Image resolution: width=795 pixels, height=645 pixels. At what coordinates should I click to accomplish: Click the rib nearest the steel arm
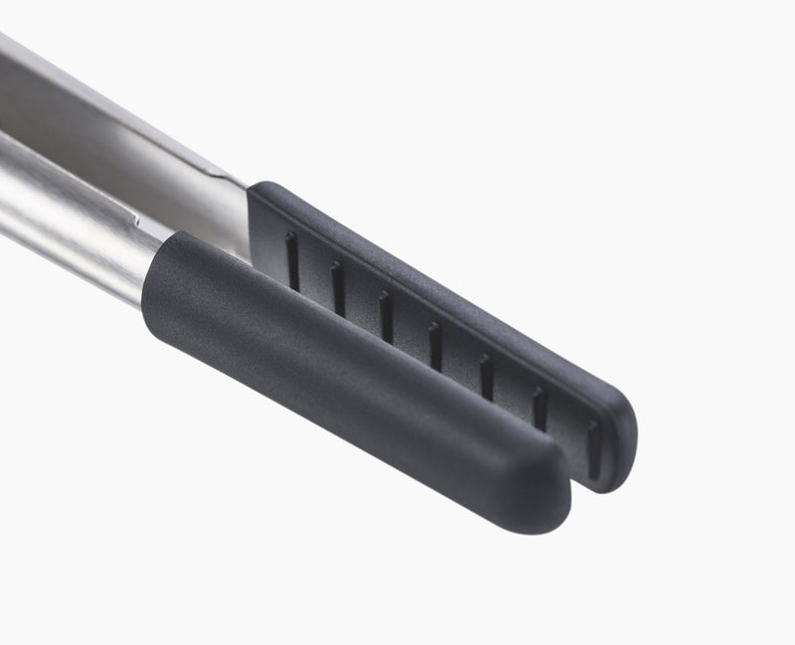tap(292, 261)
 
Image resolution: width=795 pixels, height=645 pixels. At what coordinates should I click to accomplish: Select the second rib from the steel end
tap(338, 288)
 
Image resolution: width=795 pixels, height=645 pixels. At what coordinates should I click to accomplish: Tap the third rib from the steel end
tap(386, 316)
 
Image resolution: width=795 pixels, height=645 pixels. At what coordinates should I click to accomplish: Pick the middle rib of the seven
tap(434, 344)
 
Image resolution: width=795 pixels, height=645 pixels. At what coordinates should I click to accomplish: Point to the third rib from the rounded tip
tap(486, 376)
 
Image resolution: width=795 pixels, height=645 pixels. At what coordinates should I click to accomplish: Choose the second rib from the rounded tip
tap(539, 407)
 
